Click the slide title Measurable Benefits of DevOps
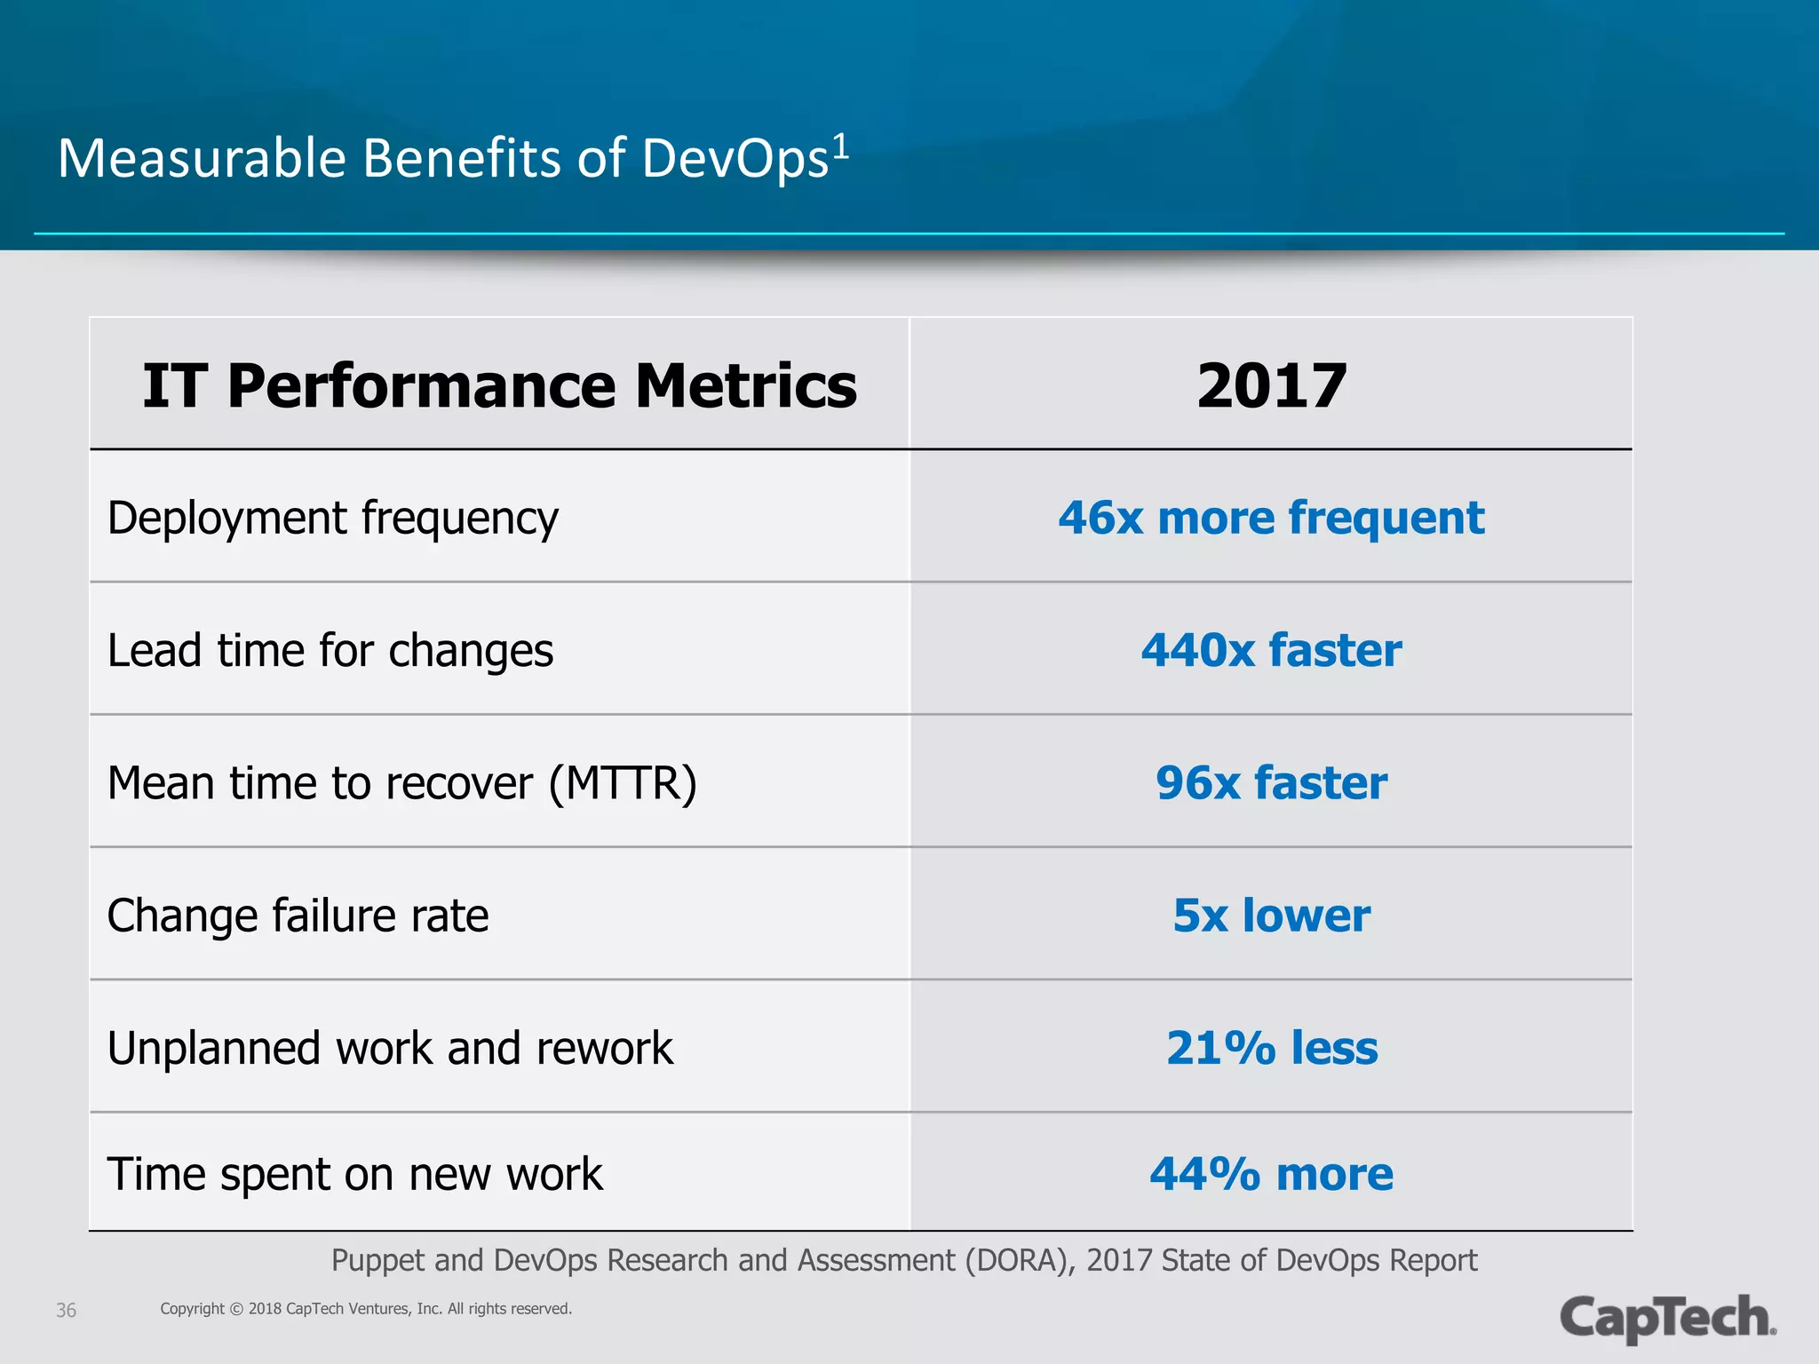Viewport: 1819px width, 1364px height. click(x=442, y=159)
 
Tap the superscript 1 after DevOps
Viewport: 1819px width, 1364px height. click(x=839, y=147)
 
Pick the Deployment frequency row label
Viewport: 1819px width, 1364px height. click(x=333, y=518)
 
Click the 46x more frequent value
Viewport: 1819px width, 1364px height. click(x=1271, y=518)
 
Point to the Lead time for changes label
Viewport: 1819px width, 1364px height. click(x=330, y=650)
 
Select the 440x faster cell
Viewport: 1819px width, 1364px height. click(x=1271, y=650)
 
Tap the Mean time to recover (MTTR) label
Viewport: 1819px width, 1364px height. click(x=401, y=783)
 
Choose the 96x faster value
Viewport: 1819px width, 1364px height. click(x=1271, y=783)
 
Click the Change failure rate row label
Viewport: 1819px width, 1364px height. click(x=298, y=916)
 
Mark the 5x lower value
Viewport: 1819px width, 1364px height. click(x=1271, y=916)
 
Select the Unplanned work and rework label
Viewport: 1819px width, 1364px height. click(x=390, y=1048)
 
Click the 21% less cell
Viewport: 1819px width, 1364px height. click(x=1271, y=1048)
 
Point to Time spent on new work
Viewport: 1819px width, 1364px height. click(x=354, y=1174)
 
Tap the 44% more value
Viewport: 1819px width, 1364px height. click(x=1271, y=1174)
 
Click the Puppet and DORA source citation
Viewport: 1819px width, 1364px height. click(x=903, y=1260)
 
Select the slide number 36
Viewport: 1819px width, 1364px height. click(x=66, y=1310)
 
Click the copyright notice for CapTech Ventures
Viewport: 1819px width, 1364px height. click(x=366, y=1309)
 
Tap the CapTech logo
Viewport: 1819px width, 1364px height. click(x=1667, y=1318)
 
